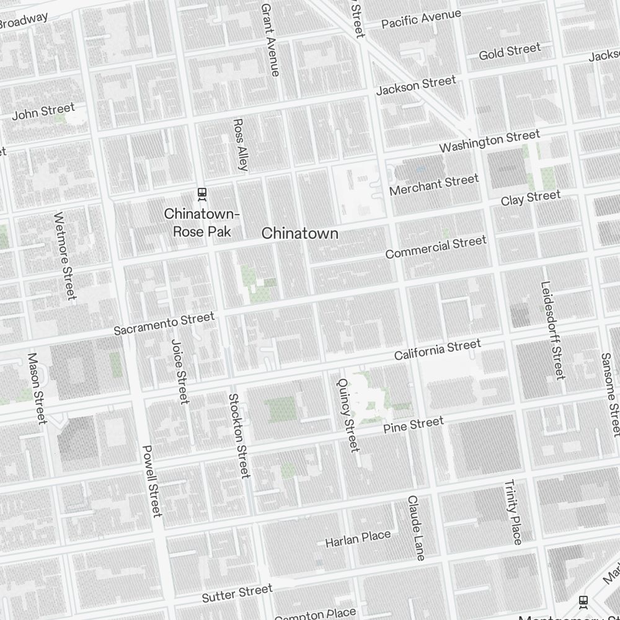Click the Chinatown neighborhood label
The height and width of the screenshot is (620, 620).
(300, 233)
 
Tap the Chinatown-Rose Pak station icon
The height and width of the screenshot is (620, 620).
(201, 194)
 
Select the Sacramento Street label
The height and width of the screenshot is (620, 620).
(164, 324)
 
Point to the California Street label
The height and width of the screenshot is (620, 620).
(438, 350)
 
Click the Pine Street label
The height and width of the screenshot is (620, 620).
(414, 425)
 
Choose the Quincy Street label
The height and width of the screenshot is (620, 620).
(347, 414)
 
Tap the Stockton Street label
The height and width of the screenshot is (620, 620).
(239, 436)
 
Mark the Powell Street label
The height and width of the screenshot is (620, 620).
(152, 481)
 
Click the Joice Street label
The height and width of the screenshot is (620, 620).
(180, 371)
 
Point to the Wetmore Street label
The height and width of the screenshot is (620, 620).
(64, 255)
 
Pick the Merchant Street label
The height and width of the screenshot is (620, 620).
(434, 184)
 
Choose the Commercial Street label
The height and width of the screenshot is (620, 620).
(436, 247)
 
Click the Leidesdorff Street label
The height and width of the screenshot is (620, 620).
(552, 330)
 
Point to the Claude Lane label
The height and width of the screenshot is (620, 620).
(416, 528)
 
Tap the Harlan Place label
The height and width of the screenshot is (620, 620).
(358, 538)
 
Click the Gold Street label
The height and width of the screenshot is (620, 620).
(510, 51)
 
